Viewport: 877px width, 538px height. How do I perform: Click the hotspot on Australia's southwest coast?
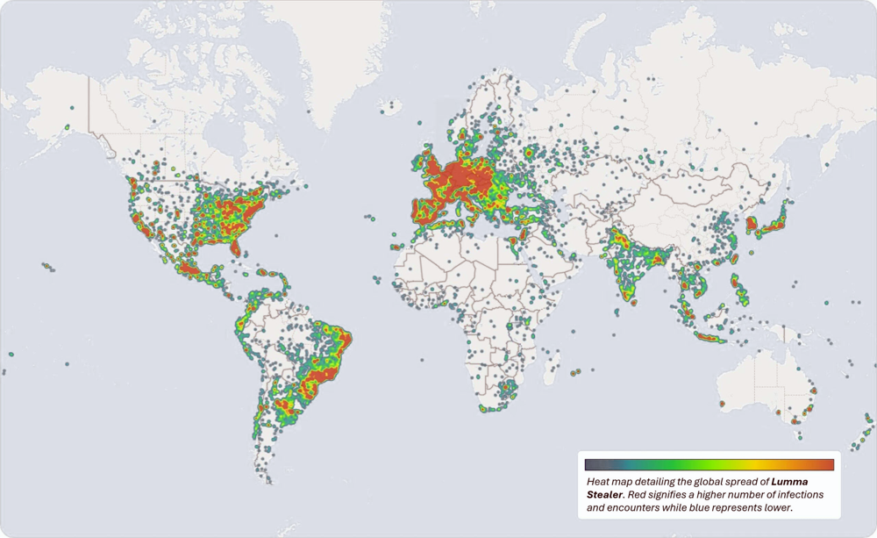pos(722,404)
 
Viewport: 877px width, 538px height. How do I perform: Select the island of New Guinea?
pos(794,338)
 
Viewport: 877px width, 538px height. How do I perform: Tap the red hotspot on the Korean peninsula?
pos(751,224)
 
